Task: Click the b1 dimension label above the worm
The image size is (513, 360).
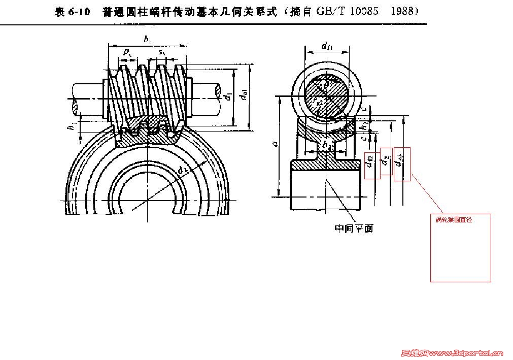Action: coord(146,39)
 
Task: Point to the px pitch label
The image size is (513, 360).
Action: coord(128,52)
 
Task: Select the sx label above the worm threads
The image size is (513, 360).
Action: coord(161,52)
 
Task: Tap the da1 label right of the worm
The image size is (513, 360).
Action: coord(245,95)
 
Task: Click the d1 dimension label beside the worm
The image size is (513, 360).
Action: coord(229,95)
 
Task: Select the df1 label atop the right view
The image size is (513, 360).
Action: coord(327,46)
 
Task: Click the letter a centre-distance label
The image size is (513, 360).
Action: coord(274,145)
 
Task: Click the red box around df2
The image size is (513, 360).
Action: coord(372,166)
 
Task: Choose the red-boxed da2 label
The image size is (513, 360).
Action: coord(401,164)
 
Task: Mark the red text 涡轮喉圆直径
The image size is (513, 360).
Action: coord(454,220)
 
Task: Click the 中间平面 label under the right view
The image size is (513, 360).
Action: coord(354,228)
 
